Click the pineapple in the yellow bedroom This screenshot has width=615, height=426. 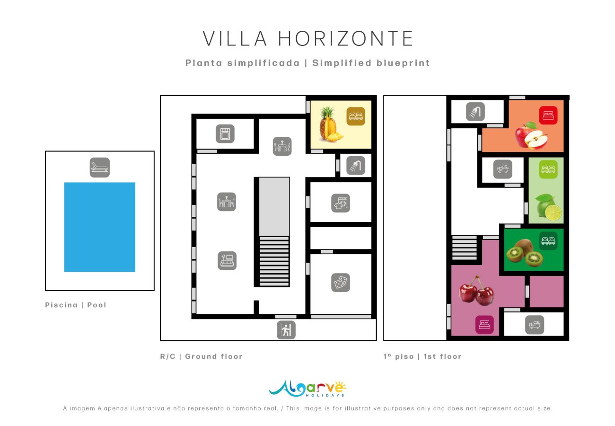pyautogui.click(x=328, y=124)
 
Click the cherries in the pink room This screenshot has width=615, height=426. pyautogui.click(x=476, y=291)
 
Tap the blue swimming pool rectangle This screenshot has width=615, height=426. pyautogui.click(x=100, y=227)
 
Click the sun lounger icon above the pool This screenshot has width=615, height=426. pyautogui.click(x=100, y=167)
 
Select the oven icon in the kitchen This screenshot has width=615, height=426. pyautogui.click(x=225, y=133)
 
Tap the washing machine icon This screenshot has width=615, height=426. pyautogui.click(x=340, y=203)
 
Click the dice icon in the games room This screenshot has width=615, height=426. pyautogui.click(x=341, y=283)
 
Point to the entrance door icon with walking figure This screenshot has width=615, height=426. pyautogui.click(x=286, y=330)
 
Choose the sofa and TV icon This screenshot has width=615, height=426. pyautogui.click(x=227, y=260)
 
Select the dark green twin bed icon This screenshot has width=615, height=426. pyautogui.click(x=548, y=240)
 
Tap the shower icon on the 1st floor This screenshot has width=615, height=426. pyautogui.click(x=475, y=112)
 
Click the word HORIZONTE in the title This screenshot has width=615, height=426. pyautogui.click(x=346, y=39)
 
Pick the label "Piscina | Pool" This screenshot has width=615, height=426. pyautogui.click(x=76, y=305)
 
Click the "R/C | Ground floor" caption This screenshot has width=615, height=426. pyautogui.click(x=201, y=356)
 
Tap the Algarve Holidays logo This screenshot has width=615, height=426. pyautogui.click(x=307, y=388)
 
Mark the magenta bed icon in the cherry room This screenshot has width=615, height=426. pyautogui.click(x=484, y=325)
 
